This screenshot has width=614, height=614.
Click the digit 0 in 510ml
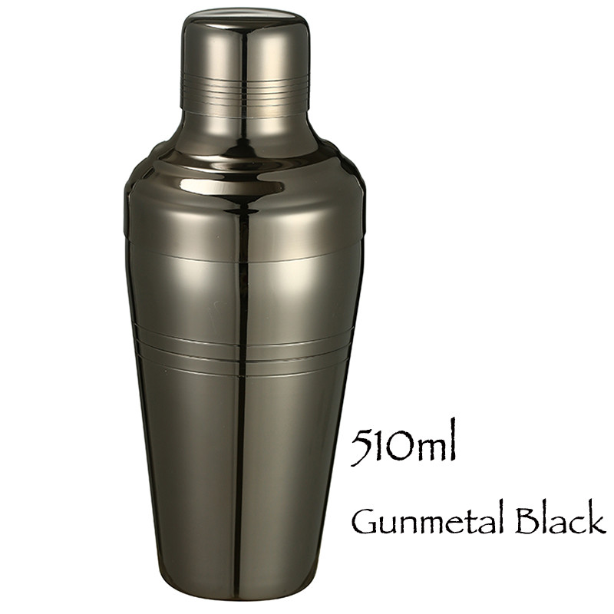pyautogui.click(x=395, y=448)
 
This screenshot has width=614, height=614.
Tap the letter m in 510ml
pyautogui.click(x=426, y=450)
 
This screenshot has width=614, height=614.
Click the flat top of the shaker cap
pyautogui.click(x=243, y=17)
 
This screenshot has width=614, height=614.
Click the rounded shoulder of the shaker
pyautogui.click(x=243, y=173)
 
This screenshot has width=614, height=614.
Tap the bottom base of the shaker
pyautogui.click(x=243, y=595)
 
